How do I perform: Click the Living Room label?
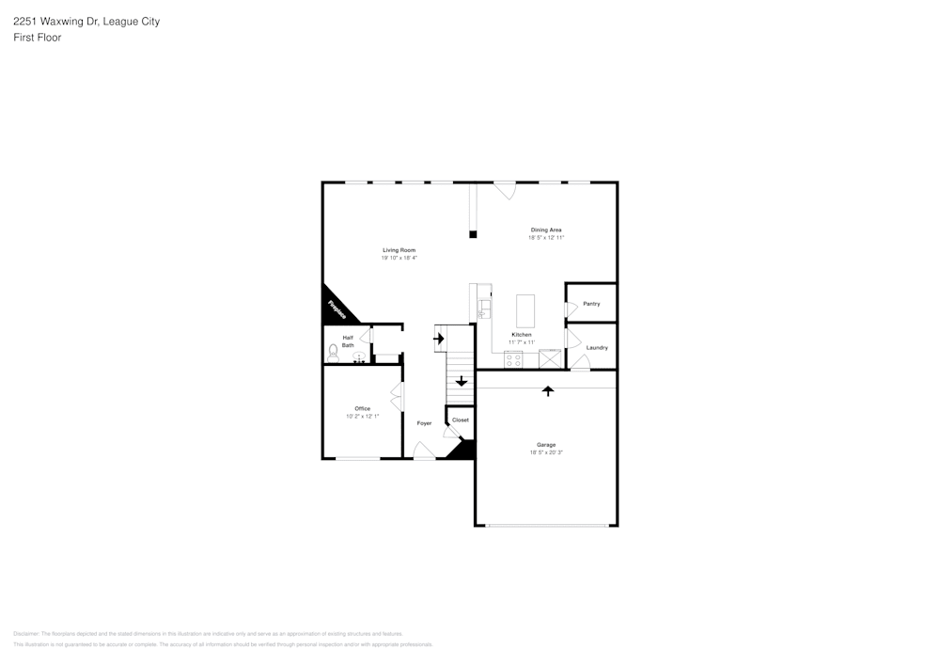point(399,250)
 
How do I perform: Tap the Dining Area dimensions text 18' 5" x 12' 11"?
point(546,238)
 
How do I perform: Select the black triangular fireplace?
point(334,308)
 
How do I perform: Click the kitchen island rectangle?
point(525,310)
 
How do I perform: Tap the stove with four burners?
point(514,358)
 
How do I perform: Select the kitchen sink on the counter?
point(483,309)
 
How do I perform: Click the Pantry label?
point(591,304)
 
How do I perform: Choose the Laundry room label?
point(597,348)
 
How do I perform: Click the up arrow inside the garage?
point(548,389)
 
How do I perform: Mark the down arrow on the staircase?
point(461,381)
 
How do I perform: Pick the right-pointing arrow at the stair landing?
point(438,338)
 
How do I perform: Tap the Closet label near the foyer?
point(461,420)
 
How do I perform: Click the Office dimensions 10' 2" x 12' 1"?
point(362,416)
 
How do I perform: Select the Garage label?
point(546,445)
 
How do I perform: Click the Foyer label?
point(424,423)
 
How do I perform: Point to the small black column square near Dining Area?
point(474,233)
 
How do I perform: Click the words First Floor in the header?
point(38,38)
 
